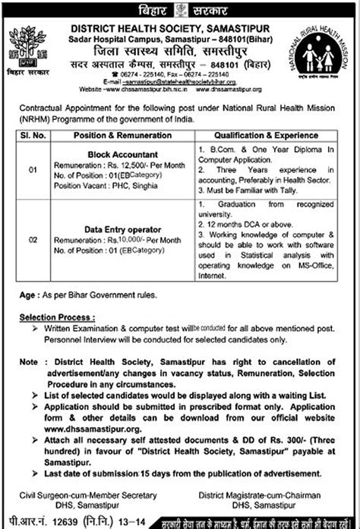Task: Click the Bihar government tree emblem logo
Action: tap(29, 47)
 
